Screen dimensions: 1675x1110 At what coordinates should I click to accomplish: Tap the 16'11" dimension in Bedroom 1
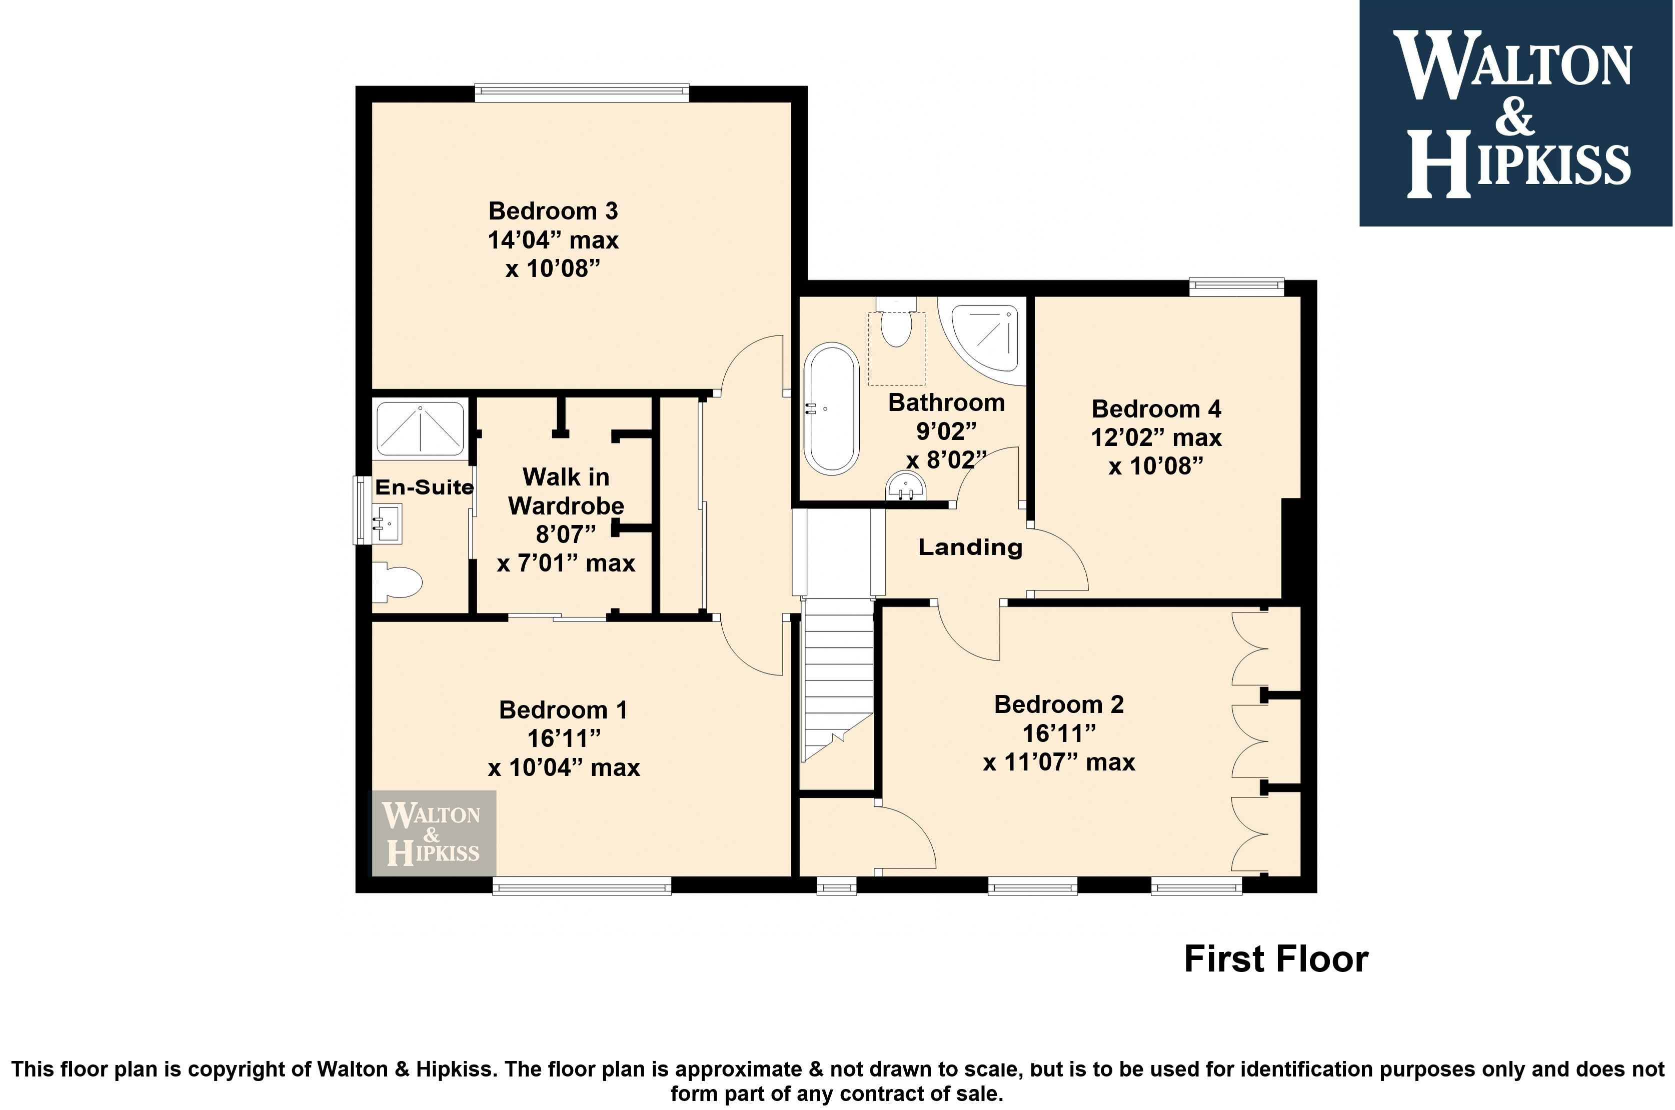(564, 738)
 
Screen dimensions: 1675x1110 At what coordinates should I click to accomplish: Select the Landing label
(970, 547)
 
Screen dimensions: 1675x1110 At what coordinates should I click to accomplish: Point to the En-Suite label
(424, 487)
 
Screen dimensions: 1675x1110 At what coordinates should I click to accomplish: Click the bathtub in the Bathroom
(831, 408)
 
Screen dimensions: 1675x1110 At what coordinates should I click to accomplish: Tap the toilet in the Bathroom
(896, 323)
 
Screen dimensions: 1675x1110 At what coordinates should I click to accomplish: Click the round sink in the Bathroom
(905, 486)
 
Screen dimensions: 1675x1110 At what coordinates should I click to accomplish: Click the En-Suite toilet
(397, 581)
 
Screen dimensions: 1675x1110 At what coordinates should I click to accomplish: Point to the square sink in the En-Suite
(387, 524)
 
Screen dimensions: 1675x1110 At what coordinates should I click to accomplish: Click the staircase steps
(837, 679)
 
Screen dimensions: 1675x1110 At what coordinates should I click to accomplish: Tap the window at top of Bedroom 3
(581, 92)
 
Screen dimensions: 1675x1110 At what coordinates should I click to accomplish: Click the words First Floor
(1276, 959)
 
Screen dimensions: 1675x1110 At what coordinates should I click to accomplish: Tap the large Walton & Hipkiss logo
(1516, 113)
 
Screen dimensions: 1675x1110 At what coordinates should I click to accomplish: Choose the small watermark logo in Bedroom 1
(434, 833)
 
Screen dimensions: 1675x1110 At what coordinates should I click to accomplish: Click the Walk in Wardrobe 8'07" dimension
(566, 534)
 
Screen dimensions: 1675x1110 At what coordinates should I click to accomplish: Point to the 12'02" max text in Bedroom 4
(1156, 437)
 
